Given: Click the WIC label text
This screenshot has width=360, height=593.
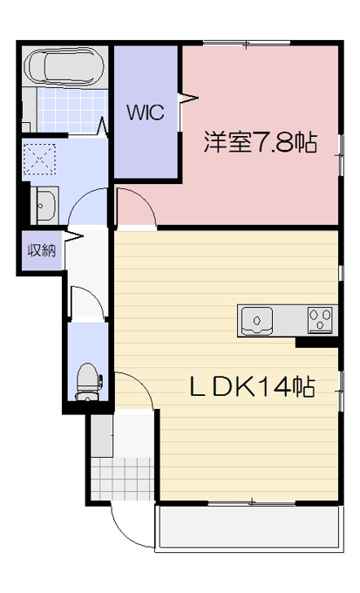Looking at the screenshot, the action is pos(146,112).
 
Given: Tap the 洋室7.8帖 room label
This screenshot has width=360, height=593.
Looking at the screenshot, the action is pos(261,142).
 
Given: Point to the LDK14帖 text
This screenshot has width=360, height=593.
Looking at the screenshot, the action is pos(252,387).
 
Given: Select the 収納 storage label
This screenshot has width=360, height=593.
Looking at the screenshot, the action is pos(42,250).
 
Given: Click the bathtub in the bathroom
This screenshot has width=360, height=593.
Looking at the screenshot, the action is pos(65,66).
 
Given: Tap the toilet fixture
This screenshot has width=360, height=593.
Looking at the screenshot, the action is pos(88,382).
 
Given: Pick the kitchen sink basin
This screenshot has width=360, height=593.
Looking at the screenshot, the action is pos(257,321).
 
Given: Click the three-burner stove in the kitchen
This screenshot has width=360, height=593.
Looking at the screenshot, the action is pos(320,320).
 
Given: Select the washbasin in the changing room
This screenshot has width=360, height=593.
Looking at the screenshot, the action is pos(44,206).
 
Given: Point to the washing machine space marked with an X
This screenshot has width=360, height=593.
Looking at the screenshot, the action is pos(39,159).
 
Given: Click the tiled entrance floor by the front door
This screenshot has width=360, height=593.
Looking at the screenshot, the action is pos(123,479).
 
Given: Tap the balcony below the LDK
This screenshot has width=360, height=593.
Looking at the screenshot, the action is pos(248,527).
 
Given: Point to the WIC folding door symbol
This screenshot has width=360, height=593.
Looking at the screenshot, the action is pos(188,99).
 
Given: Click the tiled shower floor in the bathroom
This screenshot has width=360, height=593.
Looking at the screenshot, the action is pos(71,110).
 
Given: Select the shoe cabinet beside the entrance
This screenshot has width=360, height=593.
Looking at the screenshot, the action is pos(102,436).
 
